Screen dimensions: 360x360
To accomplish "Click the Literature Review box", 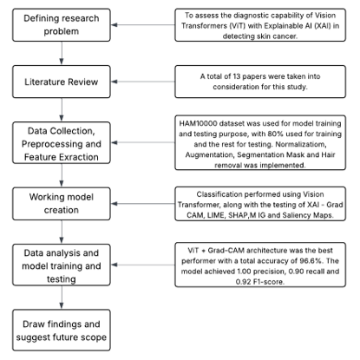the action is (62, 82).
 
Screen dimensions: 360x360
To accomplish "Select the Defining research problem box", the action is (62, 25).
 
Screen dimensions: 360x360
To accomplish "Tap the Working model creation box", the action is (62, 204).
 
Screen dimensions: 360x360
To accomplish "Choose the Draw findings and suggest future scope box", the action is (62, 331).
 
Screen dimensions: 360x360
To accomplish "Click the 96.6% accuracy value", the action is (311, 261).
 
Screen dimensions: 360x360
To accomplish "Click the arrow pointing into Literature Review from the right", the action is (143, 82).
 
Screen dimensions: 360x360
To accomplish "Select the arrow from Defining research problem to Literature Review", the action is (62, 53).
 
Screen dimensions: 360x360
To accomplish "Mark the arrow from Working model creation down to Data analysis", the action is (62, 232).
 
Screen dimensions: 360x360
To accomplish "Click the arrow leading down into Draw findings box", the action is (62, 298).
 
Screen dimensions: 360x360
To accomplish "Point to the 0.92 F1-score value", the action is (243, 282).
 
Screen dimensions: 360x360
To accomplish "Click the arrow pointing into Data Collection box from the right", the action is (143, 142).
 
